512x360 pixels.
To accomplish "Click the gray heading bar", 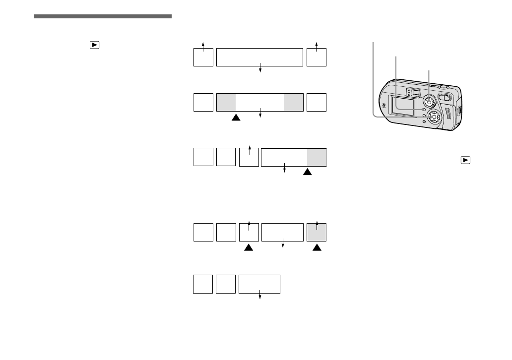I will (x=103, y=16).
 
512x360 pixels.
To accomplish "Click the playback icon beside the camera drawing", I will (x=465, y=160).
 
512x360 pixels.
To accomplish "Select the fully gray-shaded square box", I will (x=317, y=233).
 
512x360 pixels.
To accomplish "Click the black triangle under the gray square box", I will (x=317, y=247).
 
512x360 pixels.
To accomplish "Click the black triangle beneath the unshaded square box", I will (x=249, y=247).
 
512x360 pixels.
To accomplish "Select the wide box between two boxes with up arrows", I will (x=259, y=57).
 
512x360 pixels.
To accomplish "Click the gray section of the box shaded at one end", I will (x=317, y=157).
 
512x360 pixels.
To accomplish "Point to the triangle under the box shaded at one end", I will (x=308, y=172).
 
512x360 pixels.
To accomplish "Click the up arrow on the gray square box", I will (x=317, y=226).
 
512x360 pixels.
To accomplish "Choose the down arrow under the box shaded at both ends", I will (x=260, y=116).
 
